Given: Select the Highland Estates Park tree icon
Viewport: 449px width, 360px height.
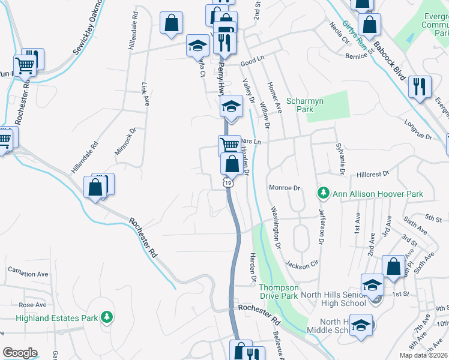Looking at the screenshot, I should (107, 316).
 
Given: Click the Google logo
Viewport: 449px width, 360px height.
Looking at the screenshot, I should (20, 353).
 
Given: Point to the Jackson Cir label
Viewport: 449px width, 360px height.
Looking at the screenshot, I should (301, 265).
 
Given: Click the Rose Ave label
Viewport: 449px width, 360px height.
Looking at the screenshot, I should (32, 305).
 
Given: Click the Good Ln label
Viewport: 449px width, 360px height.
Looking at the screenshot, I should (253, 61).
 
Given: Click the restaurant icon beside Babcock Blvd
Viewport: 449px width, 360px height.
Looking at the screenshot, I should (420, 86).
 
